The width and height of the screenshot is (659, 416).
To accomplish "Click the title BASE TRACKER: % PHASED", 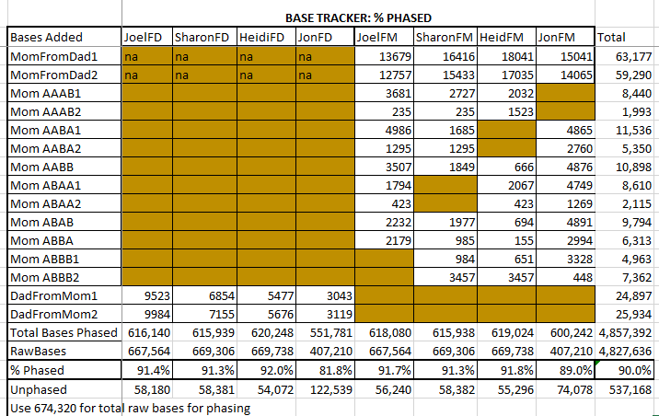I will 358,17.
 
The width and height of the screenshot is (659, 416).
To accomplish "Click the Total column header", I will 613,38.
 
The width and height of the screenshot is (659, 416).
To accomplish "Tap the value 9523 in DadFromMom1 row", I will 150,295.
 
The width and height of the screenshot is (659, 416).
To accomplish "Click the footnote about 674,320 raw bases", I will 129,408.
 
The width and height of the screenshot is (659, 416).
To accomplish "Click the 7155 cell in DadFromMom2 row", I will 210,314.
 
